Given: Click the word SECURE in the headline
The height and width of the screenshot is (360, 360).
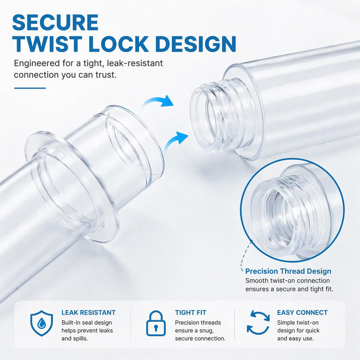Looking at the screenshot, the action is (55, 22).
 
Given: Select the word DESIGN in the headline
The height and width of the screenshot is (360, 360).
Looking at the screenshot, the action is (196, 44).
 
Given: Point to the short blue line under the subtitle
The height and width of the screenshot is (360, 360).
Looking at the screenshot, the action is (30, 88).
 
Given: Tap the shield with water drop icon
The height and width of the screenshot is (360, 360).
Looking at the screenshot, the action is (41, 323).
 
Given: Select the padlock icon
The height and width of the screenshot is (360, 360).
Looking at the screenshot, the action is (156, 323).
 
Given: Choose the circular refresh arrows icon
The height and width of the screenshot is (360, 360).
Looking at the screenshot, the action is (258, 323).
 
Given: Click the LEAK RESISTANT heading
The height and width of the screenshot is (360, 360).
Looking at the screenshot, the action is (88, 312).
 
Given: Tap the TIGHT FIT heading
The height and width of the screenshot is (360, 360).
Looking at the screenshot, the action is (190, 312).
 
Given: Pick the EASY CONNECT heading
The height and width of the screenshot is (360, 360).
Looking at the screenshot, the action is (302, 312).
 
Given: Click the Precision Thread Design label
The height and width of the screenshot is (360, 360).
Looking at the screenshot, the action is (288, 271).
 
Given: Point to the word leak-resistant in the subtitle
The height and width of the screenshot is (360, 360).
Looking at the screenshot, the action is (135, 63).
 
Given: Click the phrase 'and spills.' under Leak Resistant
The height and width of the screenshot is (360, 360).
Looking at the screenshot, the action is (75, 338).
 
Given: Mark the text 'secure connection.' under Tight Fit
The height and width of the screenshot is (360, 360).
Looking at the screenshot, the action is (200, 338).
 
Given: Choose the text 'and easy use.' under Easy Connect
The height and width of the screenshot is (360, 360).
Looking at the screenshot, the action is (295, 338).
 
